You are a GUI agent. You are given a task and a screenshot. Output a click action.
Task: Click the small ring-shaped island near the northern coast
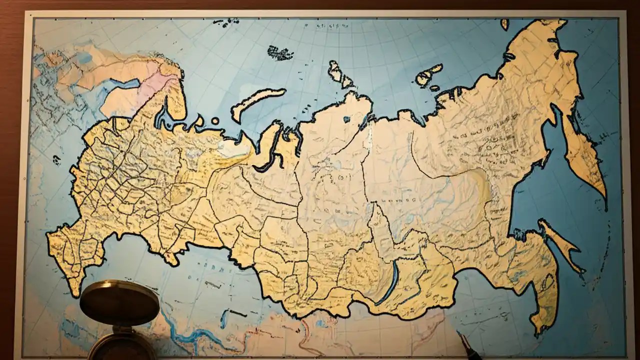pyautogui.click(x=215, y=121)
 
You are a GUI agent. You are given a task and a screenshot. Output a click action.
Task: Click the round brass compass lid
pyautogui.click(x=119, y=303)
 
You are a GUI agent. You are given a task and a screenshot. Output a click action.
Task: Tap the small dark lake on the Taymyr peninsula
pyautogui.click(x=346, y=119)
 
